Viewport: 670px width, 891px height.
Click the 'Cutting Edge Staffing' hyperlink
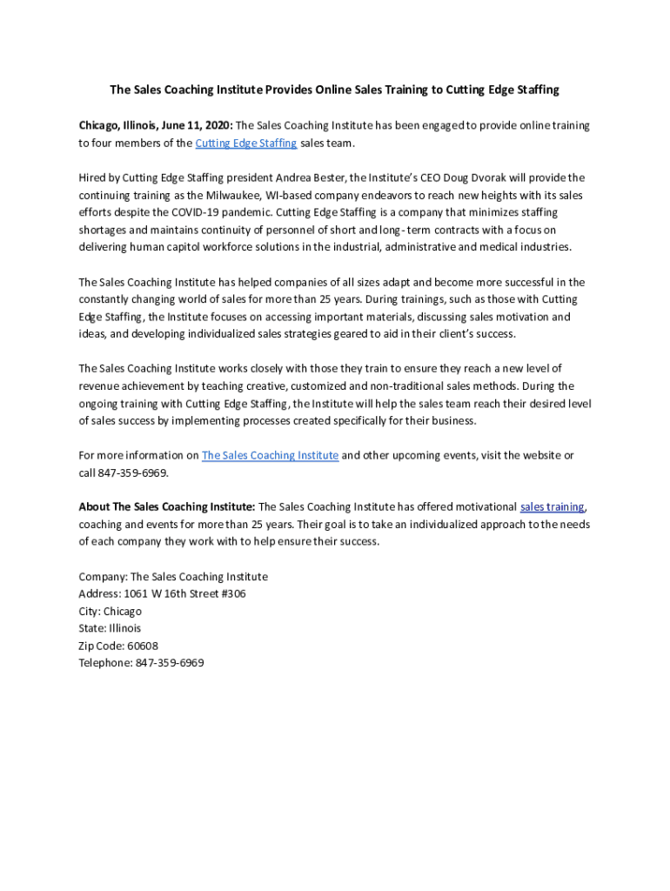tap(246, 143)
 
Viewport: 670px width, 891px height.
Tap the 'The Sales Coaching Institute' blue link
tap(270, 455)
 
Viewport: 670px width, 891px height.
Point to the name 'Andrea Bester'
tap(309, 178)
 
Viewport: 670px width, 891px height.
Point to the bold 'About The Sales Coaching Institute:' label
tap(167, 506)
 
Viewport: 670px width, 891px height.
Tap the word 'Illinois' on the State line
tap(124, 628)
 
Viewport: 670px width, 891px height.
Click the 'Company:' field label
tap(103, 576)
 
